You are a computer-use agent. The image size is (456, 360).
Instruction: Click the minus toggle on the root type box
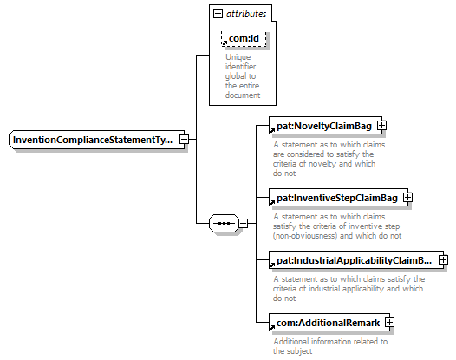point(184,139)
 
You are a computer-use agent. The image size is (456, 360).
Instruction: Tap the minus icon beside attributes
point(218,13)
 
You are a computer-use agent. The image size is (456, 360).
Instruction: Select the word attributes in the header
point(246,14)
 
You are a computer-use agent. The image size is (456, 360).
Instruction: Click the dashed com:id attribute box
point(244,38)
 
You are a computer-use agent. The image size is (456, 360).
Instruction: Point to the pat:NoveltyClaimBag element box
point(325,126)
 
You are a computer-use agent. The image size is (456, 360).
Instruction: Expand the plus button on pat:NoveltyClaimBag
point(381,126)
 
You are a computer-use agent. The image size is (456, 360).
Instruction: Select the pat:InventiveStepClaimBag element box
point(338,198)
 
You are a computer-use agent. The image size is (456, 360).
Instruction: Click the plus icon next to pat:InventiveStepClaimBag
point(407,198)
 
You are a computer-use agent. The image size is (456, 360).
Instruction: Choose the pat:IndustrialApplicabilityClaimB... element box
point(356,260)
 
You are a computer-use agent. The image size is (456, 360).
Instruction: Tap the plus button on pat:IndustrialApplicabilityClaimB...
point(443,259)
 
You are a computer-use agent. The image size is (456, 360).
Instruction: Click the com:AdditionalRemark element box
point(329,323)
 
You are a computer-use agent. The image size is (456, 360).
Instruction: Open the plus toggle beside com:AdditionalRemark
point(389,322)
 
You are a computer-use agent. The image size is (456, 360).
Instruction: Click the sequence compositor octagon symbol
point(224,223)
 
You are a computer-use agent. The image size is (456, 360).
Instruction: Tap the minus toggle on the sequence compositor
point(243,223)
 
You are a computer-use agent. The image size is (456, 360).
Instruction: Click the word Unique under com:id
point(238,57)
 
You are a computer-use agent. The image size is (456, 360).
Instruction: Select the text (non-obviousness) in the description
point(305,235)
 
